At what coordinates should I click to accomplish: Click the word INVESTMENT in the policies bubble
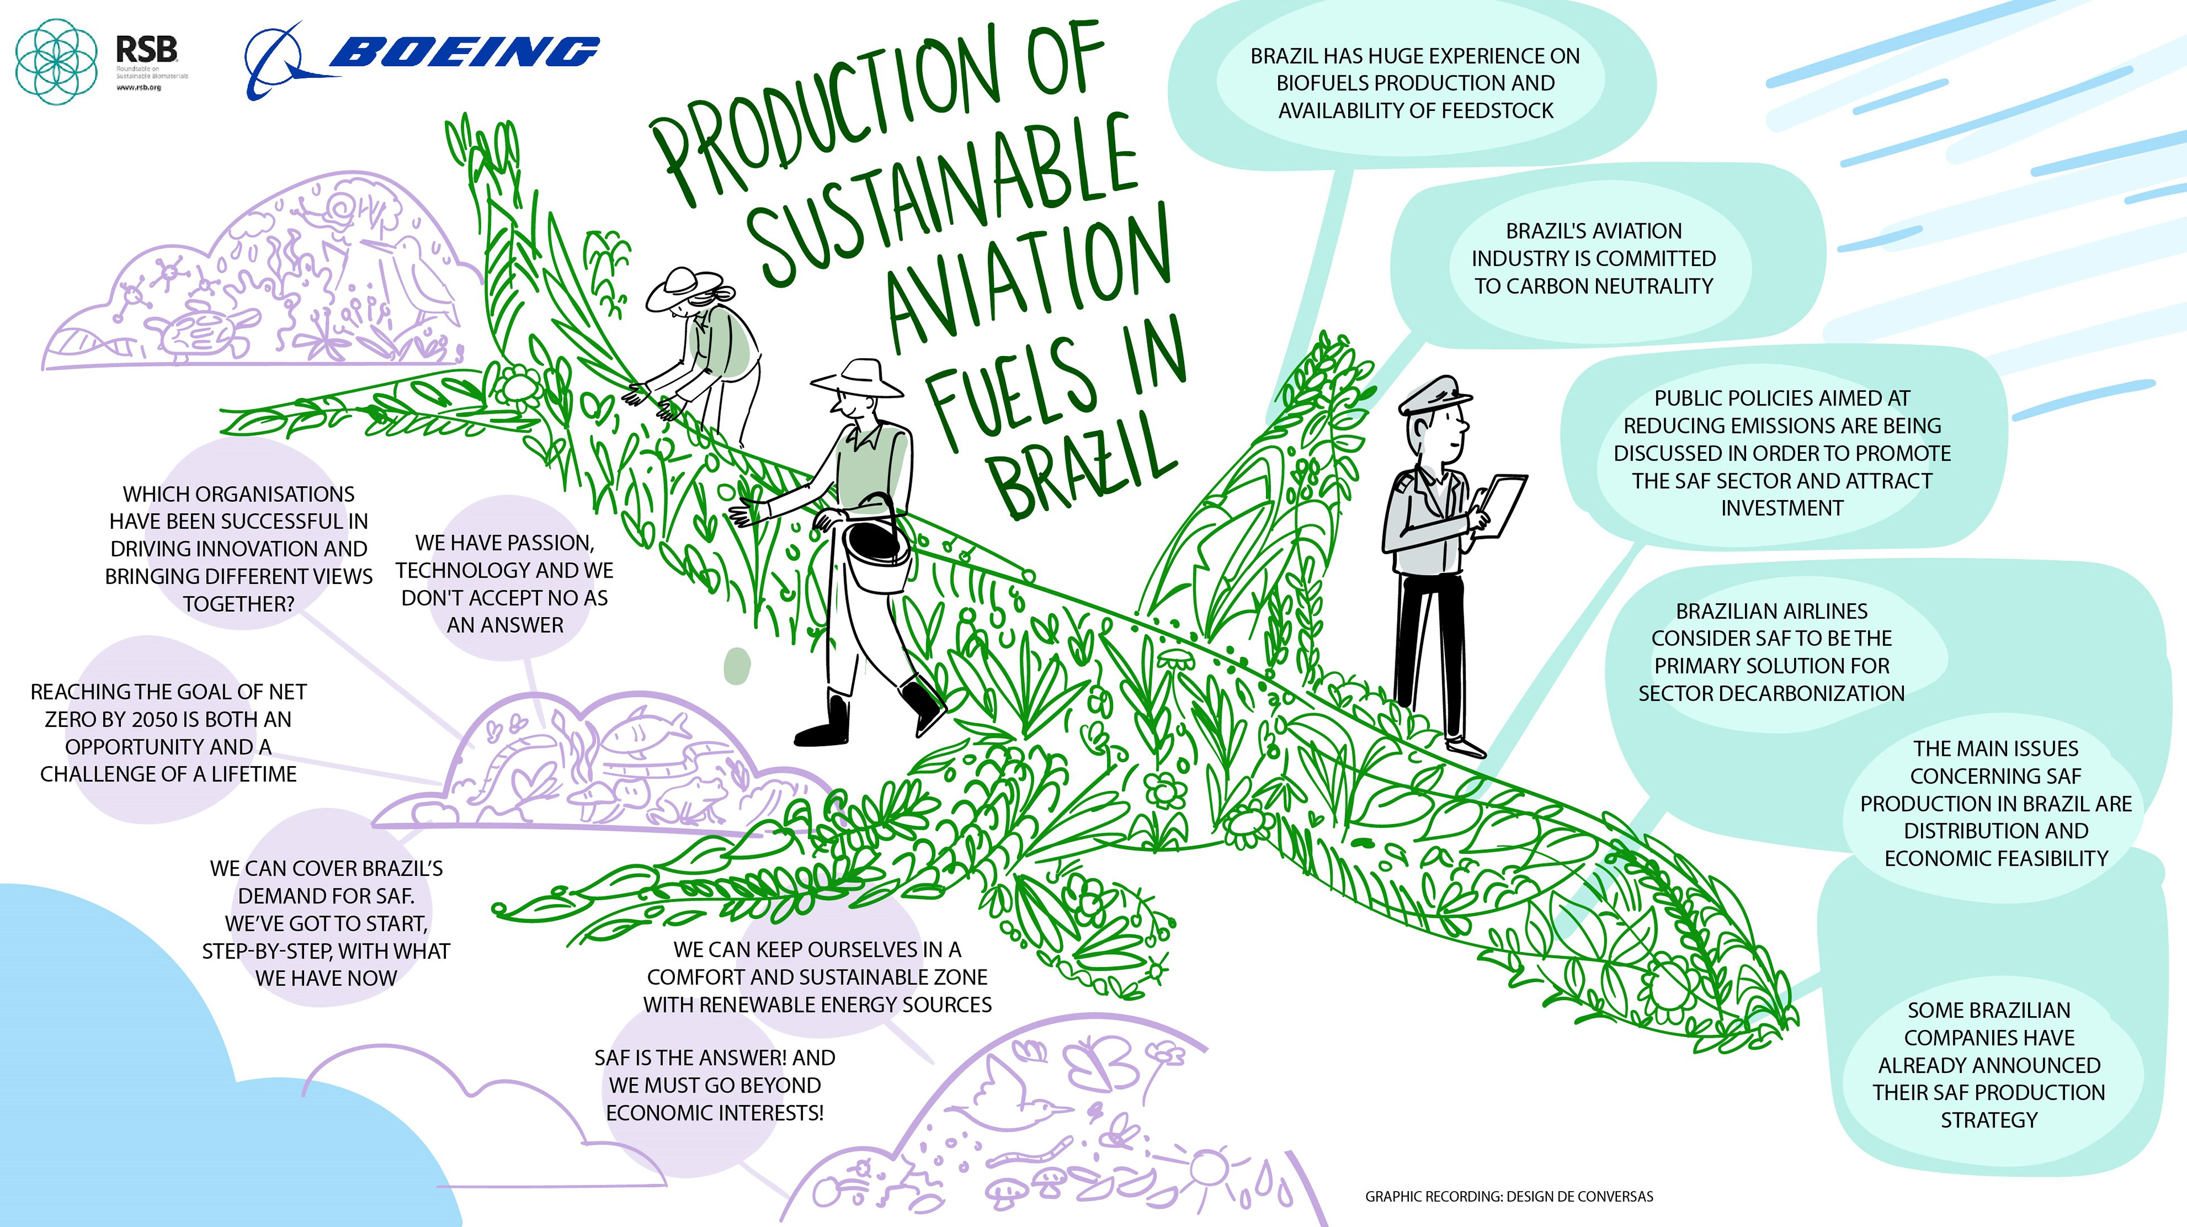1782,508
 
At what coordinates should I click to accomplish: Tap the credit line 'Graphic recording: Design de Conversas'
1509,1196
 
